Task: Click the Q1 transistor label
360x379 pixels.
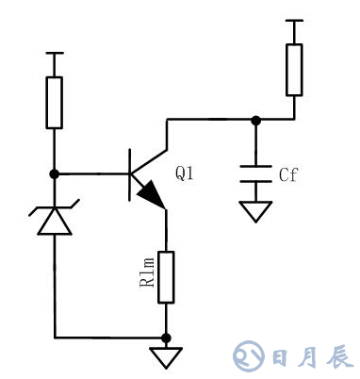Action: point(185,174)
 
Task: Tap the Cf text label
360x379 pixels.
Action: point(289,174)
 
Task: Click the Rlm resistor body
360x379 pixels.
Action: point(166,276)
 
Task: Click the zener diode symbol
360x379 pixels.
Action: point(55,219)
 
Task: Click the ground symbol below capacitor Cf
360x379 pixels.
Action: point(254,211)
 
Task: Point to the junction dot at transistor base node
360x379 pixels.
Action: point(55,173)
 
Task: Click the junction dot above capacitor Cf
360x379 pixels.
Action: point(254,119)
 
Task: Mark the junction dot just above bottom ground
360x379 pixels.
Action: point(166,337)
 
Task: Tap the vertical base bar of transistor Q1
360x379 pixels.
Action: point(129,173)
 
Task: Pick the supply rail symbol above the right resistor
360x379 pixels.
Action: point(294,21)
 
